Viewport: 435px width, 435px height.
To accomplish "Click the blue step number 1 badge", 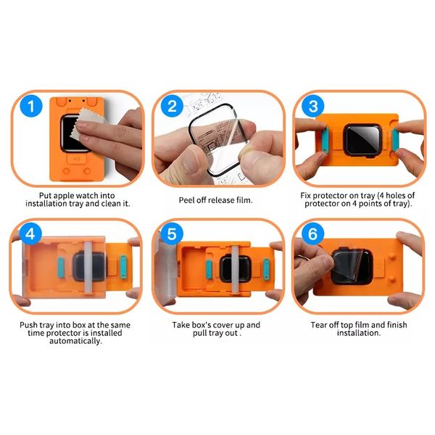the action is click(31, 106).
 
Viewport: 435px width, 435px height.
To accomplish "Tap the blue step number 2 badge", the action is click(172, 106).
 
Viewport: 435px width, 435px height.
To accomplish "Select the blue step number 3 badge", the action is click(313, 106).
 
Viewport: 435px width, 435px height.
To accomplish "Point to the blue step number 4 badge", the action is click(30, 234).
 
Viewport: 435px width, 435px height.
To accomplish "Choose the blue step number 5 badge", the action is click(172, 234).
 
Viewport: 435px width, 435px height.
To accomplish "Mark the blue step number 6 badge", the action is click(312, 234).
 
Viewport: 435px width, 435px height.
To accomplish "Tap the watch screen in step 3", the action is click(362, 139).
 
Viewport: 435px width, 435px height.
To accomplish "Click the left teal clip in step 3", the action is click(326, 140).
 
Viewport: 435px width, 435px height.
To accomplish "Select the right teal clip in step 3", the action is click(395, 140).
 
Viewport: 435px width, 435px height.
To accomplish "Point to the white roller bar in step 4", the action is click(88, 267).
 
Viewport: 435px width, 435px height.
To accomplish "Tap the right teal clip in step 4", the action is click(123, 267).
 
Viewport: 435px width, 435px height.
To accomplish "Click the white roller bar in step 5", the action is click(235, 269).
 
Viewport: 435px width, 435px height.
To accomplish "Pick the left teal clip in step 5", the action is click(210, 270).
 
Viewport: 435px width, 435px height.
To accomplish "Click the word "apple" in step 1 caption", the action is click(64, 196).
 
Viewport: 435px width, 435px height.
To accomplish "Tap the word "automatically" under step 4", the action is click(75, 341).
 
